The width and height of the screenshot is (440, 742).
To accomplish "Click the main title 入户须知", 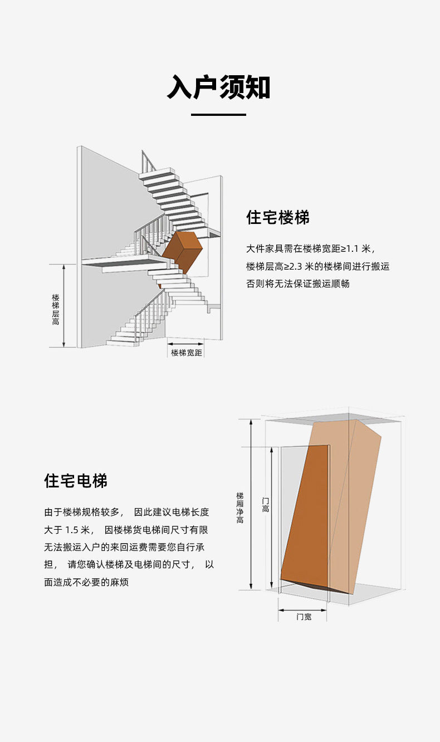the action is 219,87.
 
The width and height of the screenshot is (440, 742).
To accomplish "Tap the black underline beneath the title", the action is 218,115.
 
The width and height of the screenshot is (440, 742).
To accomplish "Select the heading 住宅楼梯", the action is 278,217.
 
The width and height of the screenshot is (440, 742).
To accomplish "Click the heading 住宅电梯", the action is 76,481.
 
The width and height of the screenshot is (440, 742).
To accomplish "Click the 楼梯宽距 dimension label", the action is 187,353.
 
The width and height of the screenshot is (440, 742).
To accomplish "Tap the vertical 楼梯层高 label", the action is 56,309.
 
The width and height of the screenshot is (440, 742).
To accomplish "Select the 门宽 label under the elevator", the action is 304,617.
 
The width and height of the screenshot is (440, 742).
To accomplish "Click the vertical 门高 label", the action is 266,505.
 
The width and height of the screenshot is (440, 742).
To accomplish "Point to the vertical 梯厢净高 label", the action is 239,508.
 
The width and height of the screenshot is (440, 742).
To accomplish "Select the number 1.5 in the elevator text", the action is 72,530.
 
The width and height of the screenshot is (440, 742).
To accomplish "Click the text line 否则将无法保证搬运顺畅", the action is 297,284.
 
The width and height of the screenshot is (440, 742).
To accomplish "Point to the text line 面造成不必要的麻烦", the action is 86,582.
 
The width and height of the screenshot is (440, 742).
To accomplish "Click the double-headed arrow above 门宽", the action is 302,610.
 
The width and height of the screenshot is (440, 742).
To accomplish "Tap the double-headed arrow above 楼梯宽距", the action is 185,344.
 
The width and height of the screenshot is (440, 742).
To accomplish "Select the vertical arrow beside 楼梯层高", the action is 64,305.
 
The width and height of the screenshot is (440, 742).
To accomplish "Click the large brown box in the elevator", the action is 331,506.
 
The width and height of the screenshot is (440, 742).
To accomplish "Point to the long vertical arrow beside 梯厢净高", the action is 251,504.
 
